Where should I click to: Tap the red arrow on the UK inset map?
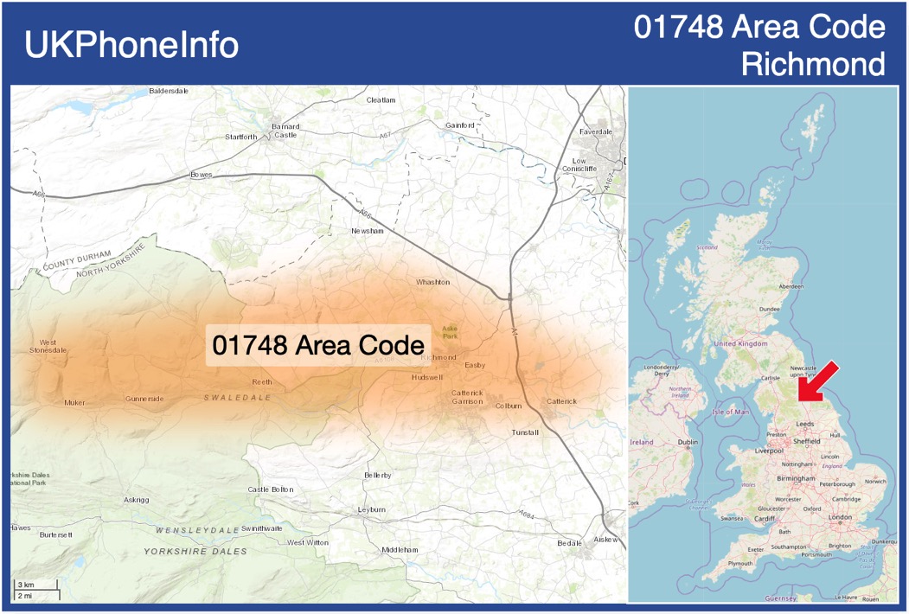pyautogui.click(x=816, y=381)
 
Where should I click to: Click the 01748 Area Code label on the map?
pyautogui.click(x=317, y=344)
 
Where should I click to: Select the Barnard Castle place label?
pyautogui.click(x=285, y=131)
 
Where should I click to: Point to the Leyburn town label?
pyautogui.click(x=372, y=510)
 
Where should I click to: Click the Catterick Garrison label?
pyautogui.click(x=467, y=397)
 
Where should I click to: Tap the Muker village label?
pyautogui.click(x=75, y=403)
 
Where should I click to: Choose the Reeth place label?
pyautogui.click(x=261, y=382)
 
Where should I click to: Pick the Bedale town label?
pyautogui.click(x=569, y=543)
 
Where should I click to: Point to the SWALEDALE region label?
pyautogui.click(x=237, y=398)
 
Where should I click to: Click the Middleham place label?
pyautogui.click(x=400, y=550)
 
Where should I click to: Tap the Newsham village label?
pyautogui.click(x=367, y=231)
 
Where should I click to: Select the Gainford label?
pyautogui.click(x=460, y=125)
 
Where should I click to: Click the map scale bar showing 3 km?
pyautogui.click(x=35, y=590)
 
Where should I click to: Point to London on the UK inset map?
pyautogui.click(x=840, y=517)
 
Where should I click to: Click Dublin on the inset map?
pyautogui.click(x=688, y=443)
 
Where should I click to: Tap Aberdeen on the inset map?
pyautogui.click(x=791, y=286)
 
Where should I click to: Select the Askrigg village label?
pyautogui.click(x=137, y=500)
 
